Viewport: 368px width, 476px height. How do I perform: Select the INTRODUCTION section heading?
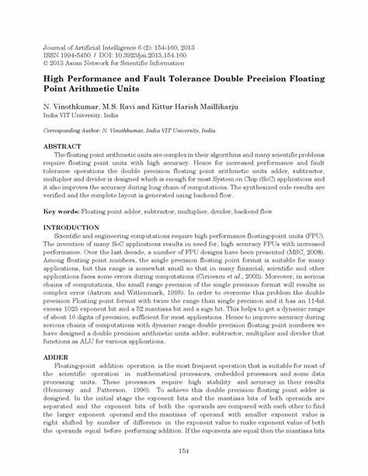point(71,228)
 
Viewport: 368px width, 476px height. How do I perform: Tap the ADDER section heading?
point(56,356)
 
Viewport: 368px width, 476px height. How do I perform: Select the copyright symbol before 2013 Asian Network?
point(46,64)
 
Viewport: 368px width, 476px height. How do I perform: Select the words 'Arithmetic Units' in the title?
point(105,90)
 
